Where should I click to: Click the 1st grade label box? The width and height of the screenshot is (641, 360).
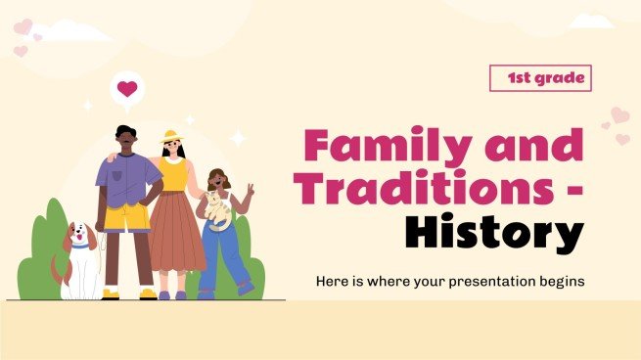click(540, 78)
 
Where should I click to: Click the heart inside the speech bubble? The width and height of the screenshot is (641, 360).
click(126, 89)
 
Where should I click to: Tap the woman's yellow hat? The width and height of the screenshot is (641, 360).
click(170, 137)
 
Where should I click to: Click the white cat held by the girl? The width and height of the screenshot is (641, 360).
click(218, 208)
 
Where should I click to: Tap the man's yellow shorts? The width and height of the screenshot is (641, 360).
click(128, 214)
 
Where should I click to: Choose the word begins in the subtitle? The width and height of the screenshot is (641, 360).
click(558, 282)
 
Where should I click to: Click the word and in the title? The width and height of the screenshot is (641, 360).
click(540, 147)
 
